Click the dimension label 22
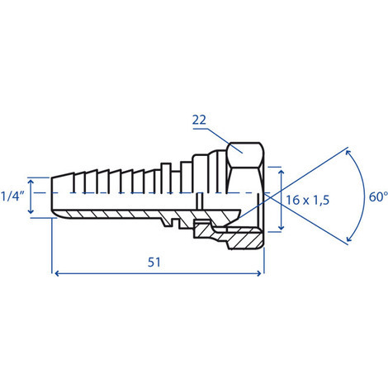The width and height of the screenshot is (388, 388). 199,120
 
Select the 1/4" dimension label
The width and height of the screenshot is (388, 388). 12,196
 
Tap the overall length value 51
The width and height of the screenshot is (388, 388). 154,262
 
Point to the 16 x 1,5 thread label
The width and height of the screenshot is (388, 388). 307,200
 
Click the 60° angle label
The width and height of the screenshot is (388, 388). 378,197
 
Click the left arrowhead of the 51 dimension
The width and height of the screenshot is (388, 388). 57,273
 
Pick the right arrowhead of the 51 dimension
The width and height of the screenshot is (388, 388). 258,273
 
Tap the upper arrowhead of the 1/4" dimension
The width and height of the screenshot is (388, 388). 31,182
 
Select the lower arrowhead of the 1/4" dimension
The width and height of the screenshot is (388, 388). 31,211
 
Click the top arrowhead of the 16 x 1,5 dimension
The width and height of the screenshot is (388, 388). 281,173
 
